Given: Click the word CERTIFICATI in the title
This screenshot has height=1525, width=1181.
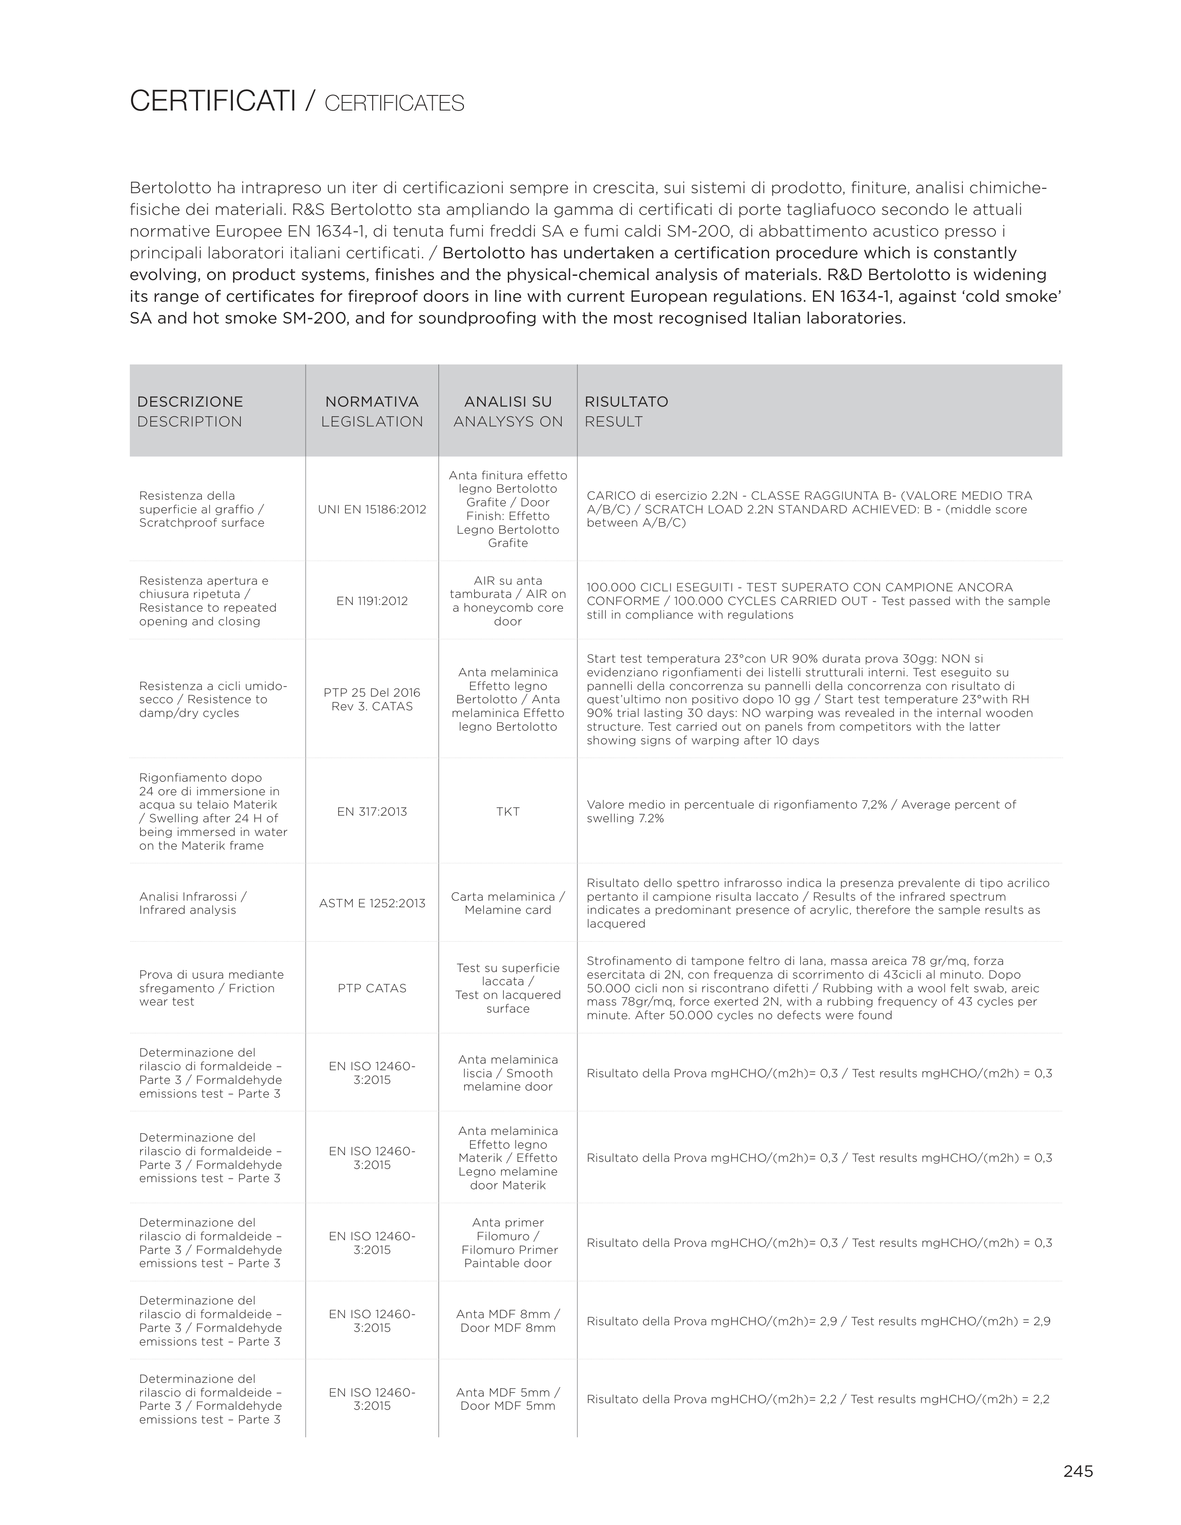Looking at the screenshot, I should (x=213, y=102).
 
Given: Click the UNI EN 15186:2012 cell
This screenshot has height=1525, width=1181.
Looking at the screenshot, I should (x=372, y=509).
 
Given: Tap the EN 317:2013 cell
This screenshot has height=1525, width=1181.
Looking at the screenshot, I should (x=372, y=811).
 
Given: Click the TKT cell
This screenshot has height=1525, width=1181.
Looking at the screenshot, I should (x=508, y=811).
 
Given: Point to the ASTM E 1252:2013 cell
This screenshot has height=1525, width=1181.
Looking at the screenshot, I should (x=372, y=903).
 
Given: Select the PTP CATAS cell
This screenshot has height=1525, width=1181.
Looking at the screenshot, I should (x=372, y=988).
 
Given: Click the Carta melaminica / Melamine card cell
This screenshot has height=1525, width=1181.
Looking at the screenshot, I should (x=508, y=903).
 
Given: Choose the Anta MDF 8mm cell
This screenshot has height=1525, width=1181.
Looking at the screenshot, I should (x=508, y=1321).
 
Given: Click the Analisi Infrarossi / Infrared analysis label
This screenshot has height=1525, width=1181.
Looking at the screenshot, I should (x=193, y=903).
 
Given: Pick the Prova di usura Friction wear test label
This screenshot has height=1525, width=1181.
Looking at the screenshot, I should (x=211, y=988).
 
